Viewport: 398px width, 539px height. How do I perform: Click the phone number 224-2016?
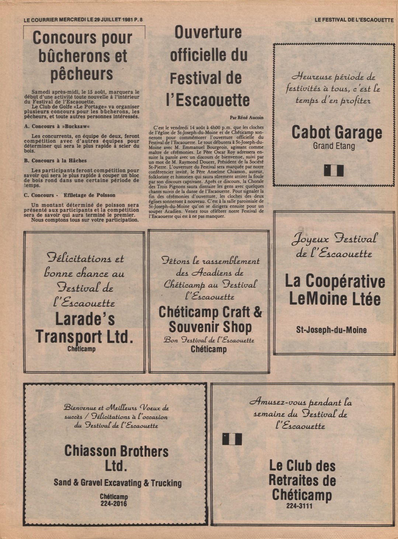click(114, 504)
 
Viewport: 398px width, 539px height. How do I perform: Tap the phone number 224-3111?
click(299, 506)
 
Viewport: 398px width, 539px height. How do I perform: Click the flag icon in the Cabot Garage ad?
click(334, 170)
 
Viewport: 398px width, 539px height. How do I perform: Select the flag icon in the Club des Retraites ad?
click(232, 439)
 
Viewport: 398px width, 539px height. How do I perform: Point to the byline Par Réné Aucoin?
click(246, 117)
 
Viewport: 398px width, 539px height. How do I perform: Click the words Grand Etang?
click(334, 146)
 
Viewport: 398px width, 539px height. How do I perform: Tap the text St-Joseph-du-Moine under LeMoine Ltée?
click(331, 330)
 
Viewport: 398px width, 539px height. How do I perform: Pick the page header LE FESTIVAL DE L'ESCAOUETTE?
click(354, 20)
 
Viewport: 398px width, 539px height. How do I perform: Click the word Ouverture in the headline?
click(208, 32)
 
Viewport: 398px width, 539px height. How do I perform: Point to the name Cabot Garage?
click(336, 132)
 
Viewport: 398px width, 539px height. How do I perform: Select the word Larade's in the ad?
click(85, 319)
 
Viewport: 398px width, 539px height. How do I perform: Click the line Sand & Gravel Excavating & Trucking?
click(118, 483)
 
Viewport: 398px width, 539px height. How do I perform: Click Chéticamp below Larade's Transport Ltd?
click(82, 349)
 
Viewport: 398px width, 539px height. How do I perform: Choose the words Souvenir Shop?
click(210, 327)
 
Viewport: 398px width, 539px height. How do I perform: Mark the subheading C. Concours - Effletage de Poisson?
click(70, 195)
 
